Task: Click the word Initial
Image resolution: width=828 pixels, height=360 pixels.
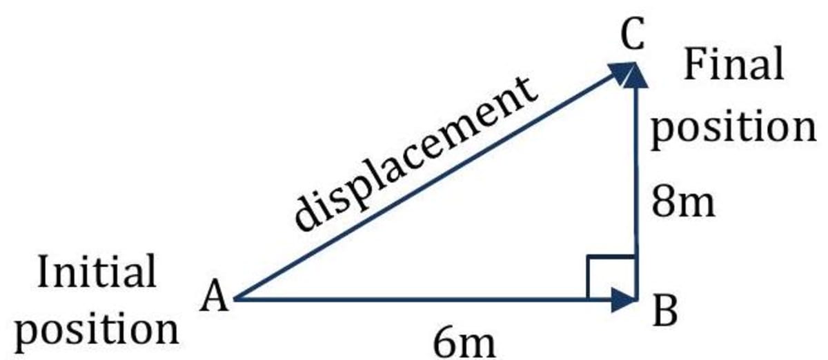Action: pos(97,272)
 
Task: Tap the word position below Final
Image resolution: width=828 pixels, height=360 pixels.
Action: pos(733,128)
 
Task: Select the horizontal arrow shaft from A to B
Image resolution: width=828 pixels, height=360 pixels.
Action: pos(414,300)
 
